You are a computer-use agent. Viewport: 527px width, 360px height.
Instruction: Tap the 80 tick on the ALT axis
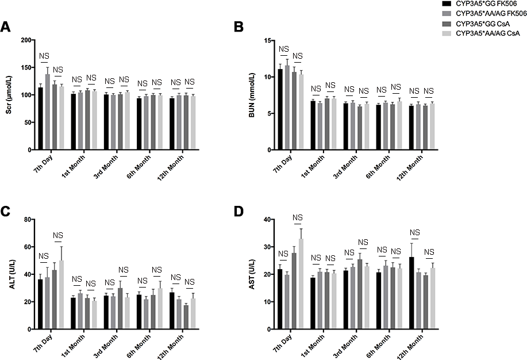pos(25,220)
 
